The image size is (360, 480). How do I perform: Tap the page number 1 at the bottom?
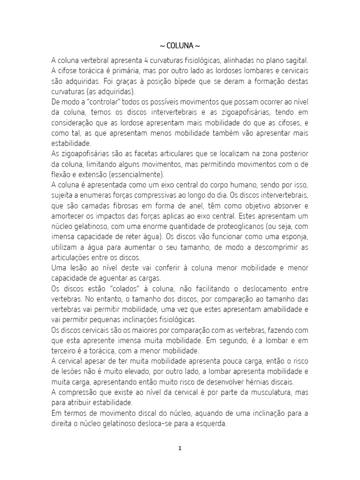coord(180,448)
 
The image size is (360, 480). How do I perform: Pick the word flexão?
coord(60,174)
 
